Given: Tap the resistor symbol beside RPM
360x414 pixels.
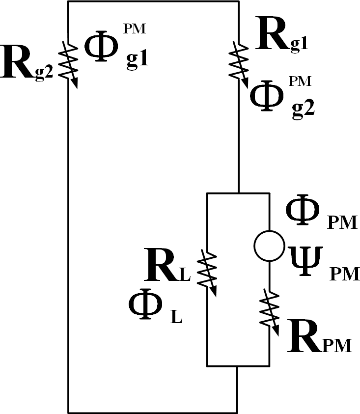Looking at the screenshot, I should [271, 309].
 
